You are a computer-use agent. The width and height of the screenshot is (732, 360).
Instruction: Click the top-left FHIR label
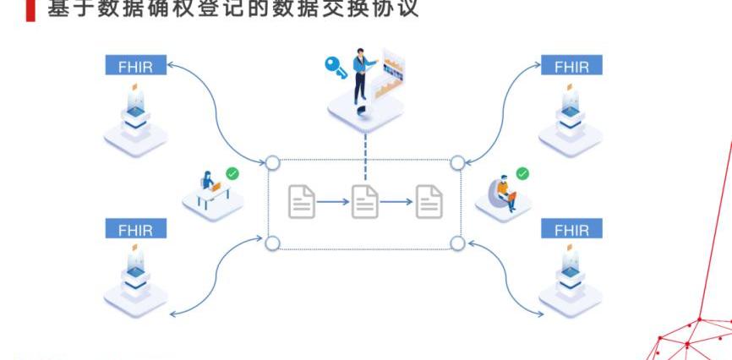coord(135,66)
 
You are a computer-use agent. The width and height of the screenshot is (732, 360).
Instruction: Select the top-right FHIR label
coord(571,66)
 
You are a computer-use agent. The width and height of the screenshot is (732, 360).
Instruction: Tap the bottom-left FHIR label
coord(135,228)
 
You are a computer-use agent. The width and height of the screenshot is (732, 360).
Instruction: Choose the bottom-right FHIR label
coord(571,228)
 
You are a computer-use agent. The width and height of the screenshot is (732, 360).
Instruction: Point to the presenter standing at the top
coord(361,75)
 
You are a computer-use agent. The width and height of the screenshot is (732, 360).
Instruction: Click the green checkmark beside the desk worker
coord(232,173)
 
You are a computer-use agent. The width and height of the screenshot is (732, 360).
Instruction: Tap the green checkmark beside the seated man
coord(522,173)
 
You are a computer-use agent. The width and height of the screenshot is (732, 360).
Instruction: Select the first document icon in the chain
coord(302,201)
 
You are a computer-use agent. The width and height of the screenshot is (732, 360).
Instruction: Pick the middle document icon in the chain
coord(365,201)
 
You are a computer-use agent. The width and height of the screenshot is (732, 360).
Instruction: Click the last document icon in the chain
coord(429,201)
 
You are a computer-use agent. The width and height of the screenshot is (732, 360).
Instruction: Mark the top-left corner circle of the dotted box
coord(272,162)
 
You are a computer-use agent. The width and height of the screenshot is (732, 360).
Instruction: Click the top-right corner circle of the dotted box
coord(457,162)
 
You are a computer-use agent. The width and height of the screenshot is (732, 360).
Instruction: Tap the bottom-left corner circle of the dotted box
coord(272,243)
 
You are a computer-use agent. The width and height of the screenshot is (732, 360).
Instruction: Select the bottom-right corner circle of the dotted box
coord(457,243)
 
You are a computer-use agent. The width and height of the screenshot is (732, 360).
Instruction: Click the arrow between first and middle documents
coord(333,202)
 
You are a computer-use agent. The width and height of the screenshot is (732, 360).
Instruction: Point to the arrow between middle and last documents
coord(396,202)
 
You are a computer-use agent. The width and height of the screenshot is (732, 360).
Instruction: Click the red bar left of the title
coord(30,11)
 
